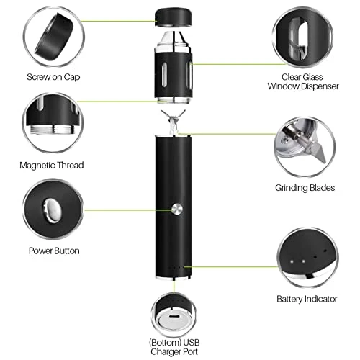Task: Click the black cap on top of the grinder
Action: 174,17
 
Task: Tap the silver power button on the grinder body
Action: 177,209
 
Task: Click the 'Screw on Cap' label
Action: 53,77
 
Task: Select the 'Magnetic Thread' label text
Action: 52,166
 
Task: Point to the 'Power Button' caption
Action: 54,251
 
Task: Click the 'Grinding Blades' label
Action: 305,188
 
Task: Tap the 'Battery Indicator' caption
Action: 307,299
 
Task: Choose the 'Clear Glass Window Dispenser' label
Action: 303,81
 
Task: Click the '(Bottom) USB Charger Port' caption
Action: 174,347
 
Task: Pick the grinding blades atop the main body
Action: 174,122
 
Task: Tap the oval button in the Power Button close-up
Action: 52,210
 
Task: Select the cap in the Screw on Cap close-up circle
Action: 54,38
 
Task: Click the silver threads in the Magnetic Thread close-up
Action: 53,130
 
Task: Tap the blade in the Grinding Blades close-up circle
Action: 315,150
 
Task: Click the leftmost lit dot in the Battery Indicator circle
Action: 292,261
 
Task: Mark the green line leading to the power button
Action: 127,210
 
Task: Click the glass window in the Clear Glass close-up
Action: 300,38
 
